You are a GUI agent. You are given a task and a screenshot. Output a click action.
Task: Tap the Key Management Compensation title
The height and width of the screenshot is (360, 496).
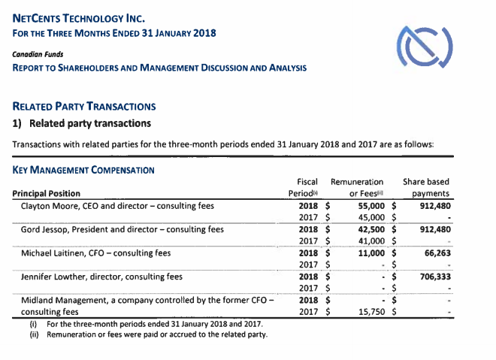click(x=83, y=170)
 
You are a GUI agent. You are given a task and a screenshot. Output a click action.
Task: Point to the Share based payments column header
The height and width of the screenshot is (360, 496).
click(x=426, y=188)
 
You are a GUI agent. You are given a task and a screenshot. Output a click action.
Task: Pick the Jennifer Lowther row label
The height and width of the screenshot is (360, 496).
click(x=101, y=276)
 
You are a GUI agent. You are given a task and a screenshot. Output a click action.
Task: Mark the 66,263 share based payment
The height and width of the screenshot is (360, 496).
click(x=436, y=253)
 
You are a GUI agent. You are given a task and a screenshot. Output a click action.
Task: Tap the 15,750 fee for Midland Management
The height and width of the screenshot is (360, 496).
click(x=370, y=311)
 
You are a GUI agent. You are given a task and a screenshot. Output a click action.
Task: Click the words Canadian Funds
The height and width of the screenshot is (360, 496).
click(x=38, y=54)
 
